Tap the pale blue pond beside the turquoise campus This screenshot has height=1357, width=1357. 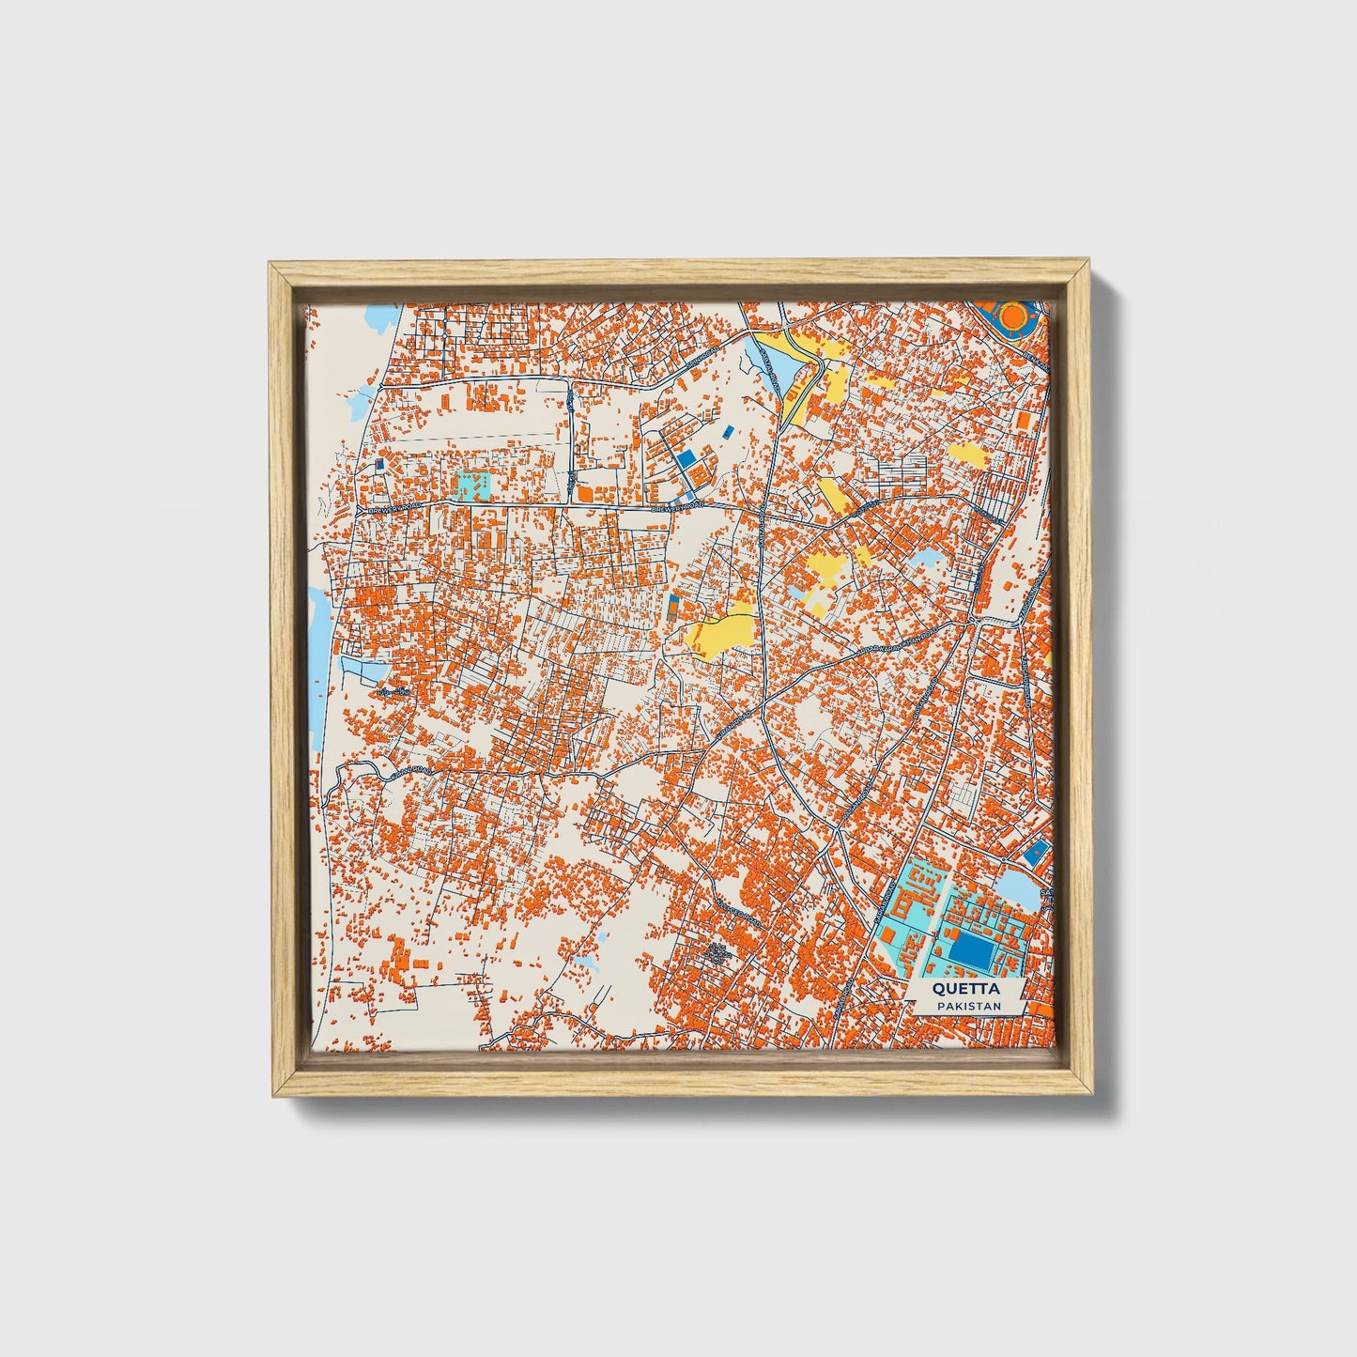[1018, 889]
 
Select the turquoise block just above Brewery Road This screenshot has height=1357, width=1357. [471, 486]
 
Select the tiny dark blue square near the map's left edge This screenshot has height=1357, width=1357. [380, 464]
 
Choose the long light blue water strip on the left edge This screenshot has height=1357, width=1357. [318, 639]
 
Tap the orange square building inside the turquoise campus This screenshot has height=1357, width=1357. [886, 935]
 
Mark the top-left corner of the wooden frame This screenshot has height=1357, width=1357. [271, 265]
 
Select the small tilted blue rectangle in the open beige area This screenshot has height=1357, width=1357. [729, 431]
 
